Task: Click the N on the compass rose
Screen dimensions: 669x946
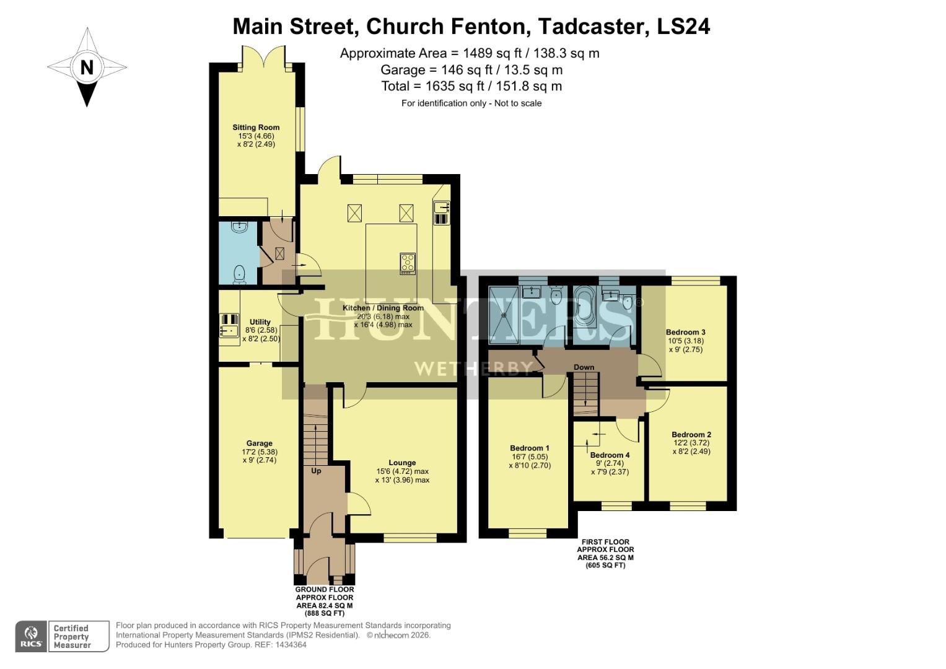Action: point(87,67)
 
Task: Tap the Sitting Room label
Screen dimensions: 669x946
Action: point(256,128)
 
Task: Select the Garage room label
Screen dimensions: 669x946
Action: point(259,444)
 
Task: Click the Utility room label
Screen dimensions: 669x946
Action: point(260,322)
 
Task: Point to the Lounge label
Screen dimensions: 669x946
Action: point(402,463)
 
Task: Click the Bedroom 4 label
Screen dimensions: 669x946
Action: point(610,455)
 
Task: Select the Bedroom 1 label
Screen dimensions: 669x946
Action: point(529,448)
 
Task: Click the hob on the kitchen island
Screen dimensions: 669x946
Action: point(408,263)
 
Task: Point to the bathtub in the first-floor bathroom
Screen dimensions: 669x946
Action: point(584,305)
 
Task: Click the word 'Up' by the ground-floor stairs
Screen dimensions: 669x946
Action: point(316,471)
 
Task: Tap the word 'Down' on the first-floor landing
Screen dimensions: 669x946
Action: point(584,367)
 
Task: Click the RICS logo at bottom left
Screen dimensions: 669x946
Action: point(31,637)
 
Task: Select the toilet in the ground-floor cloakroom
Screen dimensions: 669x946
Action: point(239,274)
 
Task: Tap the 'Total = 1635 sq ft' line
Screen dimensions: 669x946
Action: point(471,86)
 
